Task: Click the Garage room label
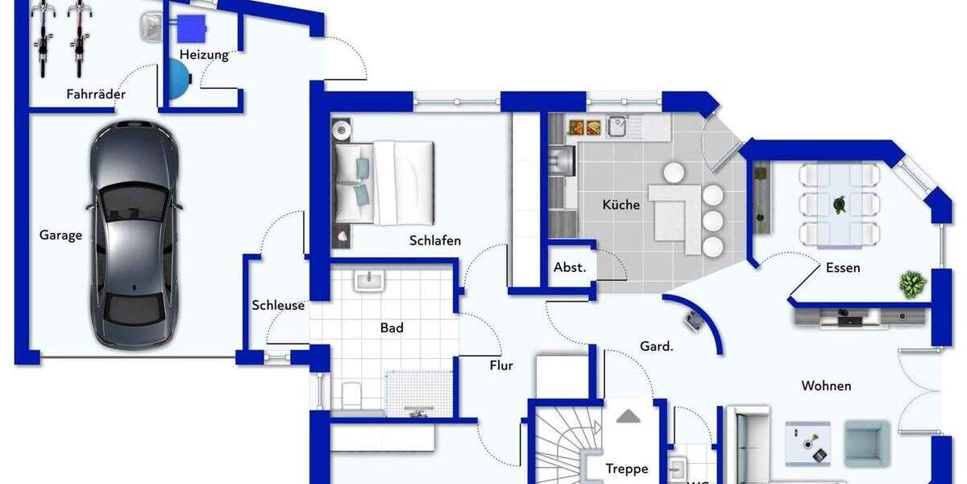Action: (x=61, y=236)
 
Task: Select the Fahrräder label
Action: (x=96, y=94)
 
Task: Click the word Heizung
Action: (x=204, y=55)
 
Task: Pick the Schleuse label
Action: (x=278, y=305)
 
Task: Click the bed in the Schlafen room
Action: (x=384, y=182)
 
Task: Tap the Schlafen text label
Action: (x=435, y=240)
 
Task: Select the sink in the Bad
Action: (x=370, y=280)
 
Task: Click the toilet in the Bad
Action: (x=352, y=394)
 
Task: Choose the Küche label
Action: (x=621, y=205)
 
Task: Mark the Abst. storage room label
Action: (x=570, y=268)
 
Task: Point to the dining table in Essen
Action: (x=840, y=205)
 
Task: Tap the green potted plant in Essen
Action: (x=912, y=285)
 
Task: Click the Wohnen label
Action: (x=826, y=386)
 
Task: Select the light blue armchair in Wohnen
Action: (x=867, y=440)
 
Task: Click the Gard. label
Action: (x=657, y=346)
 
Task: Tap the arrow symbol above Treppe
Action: (x=629, y=416)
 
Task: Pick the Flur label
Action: (x=501, y=365)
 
